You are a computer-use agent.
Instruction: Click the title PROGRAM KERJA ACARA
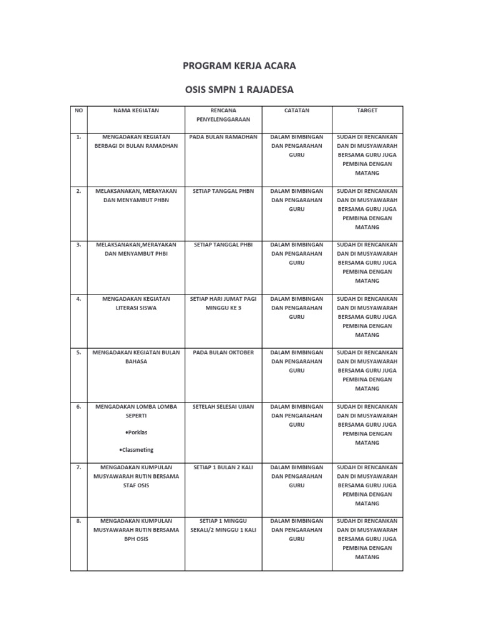click(x=239, y=66)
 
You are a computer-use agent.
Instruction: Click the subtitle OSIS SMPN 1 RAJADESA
click(x=239, y=89)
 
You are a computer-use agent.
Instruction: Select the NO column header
click(x=79, y=110)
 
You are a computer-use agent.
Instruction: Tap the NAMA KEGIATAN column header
click(x=136, y=110)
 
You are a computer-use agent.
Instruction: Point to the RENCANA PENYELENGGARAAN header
click(x=223, y=115)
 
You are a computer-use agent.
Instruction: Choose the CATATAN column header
click(x=296, y=110)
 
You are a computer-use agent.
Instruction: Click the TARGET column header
click(x=367, y=110)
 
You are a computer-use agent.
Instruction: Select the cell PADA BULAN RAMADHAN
click(x=223, y=137)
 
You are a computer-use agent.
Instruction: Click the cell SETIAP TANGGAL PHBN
click(x=223, y=191)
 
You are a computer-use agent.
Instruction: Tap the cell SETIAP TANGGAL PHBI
click(x=223, y=245)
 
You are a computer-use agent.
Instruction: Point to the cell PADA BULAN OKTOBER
click(x=223, y=353)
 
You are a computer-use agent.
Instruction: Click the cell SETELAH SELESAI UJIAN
click(x=223, y=407)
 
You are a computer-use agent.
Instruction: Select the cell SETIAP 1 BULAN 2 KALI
click(x=223, y=467)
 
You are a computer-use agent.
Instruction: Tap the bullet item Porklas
click(x=137, y=432)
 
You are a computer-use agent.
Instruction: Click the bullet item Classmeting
click(x=136, y=450)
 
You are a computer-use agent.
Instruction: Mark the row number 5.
click(x=79, y=353)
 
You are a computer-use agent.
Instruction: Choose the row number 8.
click(x=79, y=520)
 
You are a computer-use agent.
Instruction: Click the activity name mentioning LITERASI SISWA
click(x=136, y=303)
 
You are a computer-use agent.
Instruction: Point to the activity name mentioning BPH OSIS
click(x=136, y=529)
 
